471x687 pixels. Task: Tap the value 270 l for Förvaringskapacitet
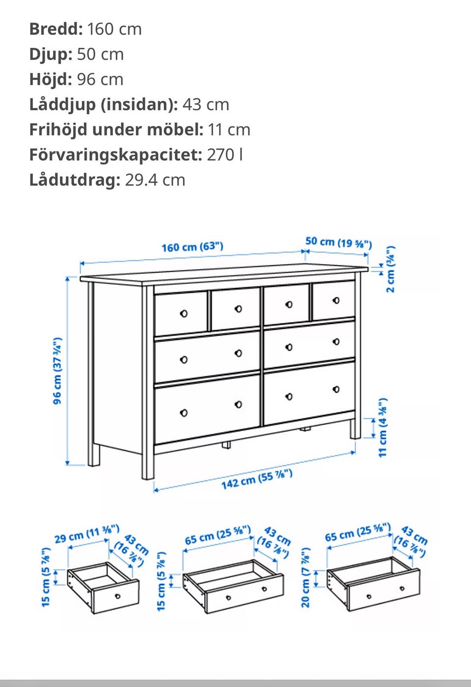coord(225,154)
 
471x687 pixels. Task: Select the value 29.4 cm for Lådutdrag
coord(155,180)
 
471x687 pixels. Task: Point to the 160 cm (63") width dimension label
coord(192,247)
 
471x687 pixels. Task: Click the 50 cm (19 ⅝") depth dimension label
coord(338,242)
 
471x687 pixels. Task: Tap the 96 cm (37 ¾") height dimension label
coord(57,371)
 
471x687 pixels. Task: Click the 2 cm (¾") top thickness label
coord(390,270)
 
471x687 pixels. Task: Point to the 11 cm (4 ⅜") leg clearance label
coord(383,428)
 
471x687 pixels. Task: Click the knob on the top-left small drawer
coord(184,313)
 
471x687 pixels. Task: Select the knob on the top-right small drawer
coord(336,300)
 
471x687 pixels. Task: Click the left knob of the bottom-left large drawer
coord(184,413)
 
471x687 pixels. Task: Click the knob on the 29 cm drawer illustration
coord(118,596)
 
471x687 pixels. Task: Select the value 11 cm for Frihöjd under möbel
coord(229,129)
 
